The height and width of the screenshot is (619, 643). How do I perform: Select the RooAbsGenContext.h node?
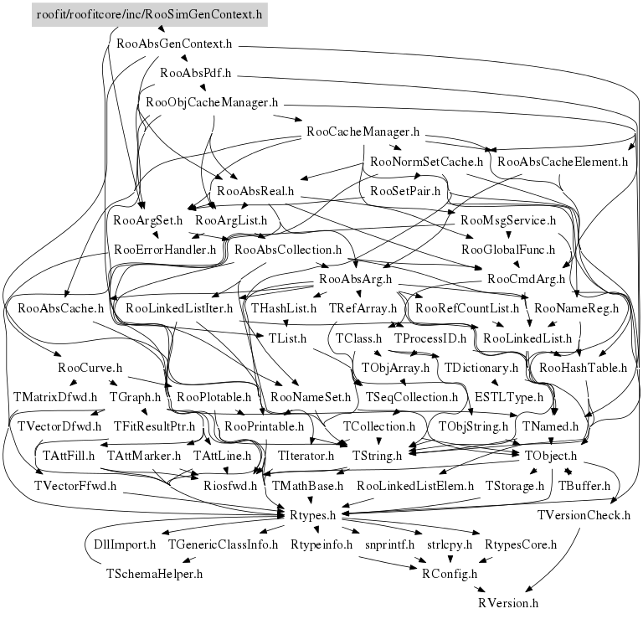(x=174, y=42)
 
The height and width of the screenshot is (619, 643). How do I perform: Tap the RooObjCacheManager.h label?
(x=212, y=103)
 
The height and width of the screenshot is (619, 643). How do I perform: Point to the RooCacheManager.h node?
(x=363, y=132)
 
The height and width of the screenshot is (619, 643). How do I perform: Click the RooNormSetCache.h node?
(x=426, y=161)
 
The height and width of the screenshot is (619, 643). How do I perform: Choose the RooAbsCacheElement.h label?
(x=562, y=161)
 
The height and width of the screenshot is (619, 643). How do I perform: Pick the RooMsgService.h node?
(x=509, y=220)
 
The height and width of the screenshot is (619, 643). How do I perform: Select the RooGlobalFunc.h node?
(x=514, y=250)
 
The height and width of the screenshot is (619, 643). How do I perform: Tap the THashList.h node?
(x=284, y=308)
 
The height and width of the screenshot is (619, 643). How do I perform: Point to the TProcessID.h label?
(x=430, y=338)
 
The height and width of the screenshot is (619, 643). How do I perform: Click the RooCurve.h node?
(x=90, y=368)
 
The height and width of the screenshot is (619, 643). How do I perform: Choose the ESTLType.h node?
(x=509, y=397)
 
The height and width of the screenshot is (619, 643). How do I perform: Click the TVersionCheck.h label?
(x=584, y=514)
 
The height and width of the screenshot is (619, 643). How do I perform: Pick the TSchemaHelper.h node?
(x=155, y=574)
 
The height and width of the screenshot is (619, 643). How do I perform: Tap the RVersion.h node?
(x=508, y=602)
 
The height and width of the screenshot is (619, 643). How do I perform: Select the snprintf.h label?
(x=390, y=544)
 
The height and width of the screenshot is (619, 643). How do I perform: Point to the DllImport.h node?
(x=125, y=544)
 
